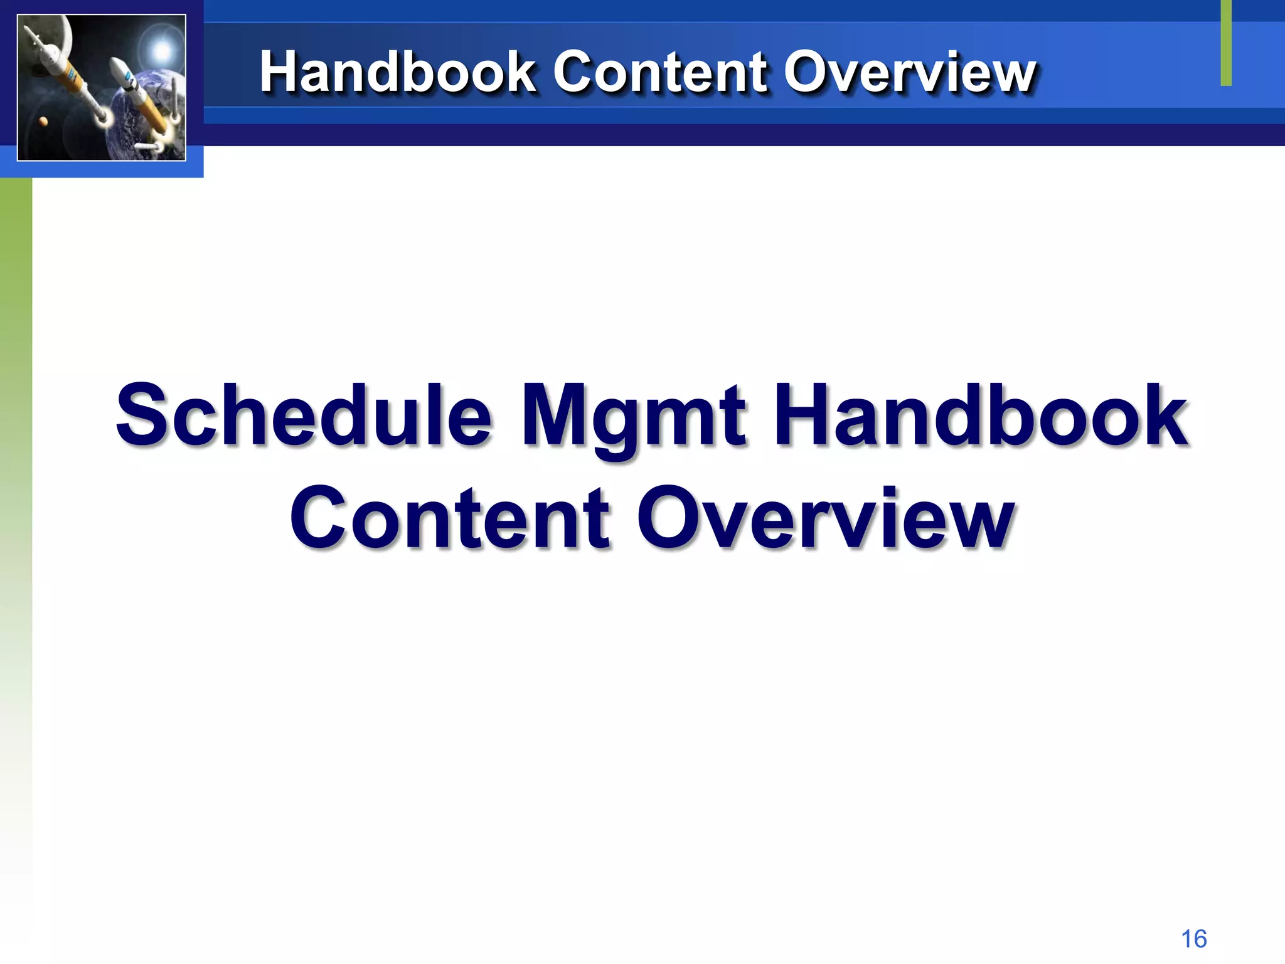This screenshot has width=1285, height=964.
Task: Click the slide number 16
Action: (1193, 939)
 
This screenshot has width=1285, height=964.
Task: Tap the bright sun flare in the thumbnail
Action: (162, 50)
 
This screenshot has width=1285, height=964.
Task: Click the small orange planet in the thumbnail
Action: (43, 121)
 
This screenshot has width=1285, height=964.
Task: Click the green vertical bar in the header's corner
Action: (1226, 43)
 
